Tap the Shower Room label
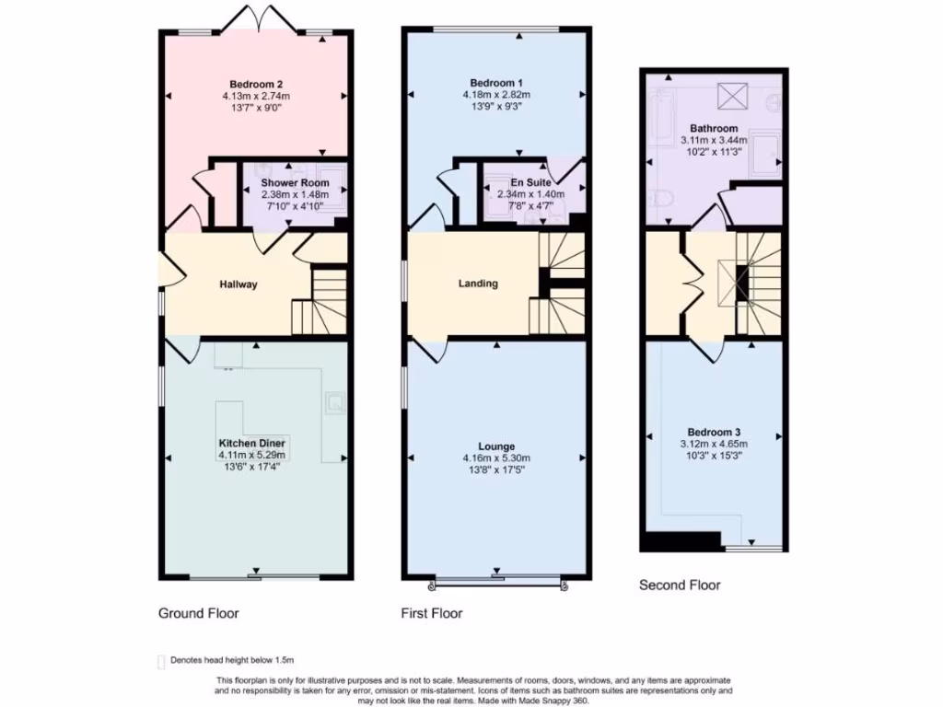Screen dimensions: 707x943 (295, 183)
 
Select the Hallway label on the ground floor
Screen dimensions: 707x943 (238, 284)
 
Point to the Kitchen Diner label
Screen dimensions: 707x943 (252, 443)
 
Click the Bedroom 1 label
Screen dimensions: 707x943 (496, 82)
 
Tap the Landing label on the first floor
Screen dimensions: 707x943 (478, 284)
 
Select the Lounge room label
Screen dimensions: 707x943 (496, 446)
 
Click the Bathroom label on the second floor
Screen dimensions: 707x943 (714, 128)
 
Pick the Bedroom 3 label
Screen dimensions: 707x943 (714, 432)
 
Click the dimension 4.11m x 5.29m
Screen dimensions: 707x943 (252, 455)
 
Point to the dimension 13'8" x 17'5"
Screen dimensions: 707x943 (496, 469)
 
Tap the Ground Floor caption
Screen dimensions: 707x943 (198, 613)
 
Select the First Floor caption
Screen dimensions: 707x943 (431, 613)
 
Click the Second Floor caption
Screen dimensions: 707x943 (680, 585)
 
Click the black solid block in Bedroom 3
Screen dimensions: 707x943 (682, 541)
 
